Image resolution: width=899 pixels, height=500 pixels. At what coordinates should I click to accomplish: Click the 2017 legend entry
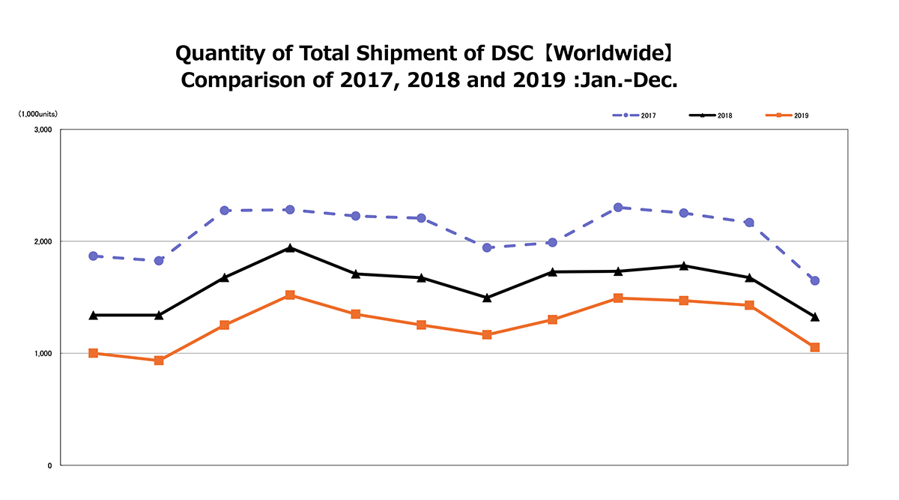[635, 115]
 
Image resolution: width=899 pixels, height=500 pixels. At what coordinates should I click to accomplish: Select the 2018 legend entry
[711, 115]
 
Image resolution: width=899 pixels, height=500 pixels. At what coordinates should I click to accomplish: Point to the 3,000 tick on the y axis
[42, 130]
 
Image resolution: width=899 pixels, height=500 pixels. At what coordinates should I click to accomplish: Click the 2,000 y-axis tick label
[42, 241]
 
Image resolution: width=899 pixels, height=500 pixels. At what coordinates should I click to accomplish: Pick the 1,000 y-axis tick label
[42, 353]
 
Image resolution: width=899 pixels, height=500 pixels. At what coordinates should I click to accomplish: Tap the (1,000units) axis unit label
[38, 113]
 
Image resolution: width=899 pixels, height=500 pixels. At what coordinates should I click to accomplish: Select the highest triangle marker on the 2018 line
[290, 247]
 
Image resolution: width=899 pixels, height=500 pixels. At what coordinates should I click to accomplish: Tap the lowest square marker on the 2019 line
[159, 361]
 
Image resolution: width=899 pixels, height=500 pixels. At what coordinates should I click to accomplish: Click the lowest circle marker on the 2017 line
[814, 280]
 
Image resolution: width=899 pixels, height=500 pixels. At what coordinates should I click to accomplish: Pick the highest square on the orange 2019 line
[290, 295]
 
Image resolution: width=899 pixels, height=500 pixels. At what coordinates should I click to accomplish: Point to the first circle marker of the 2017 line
[93, 256]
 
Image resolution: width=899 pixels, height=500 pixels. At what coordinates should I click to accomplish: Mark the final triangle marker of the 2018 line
[814, 317]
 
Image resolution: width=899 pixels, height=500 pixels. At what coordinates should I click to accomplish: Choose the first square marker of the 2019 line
[93, 353]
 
